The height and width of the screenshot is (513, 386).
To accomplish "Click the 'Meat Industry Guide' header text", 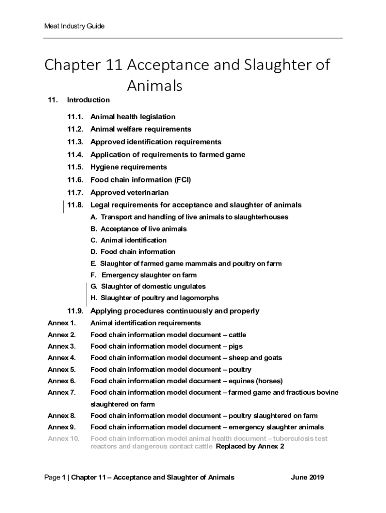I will coord(74,26).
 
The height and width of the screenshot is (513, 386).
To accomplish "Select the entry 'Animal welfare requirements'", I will coord(140,129).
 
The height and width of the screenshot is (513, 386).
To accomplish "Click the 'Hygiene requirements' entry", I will coord(128,167).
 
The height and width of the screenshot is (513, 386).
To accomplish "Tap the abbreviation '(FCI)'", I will coord(182,180).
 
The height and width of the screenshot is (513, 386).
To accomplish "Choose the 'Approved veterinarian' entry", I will coord(129,192).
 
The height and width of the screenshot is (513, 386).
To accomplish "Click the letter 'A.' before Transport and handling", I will coord(94,217).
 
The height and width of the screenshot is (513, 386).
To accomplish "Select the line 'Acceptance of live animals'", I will coord(138,228).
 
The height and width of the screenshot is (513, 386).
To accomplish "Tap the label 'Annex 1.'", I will coord(62,323).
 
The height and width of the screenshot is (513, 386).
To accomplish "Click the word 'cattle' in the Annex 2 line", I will coord(237,335).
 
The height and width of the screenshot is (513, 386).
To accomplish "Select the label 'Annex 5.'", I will coord(62,370).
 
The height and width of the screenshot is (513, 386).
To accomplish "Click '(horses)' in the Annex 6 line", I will coord(268,381).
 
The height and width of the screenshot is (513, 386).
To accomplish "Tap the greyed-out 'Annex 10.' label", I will coord(64,438).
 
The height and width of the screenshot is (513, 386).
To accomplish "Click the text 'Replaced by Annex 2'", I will coord(250,446).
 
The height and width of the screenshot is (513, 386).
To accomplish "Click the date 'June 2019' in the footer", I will coord(307,477).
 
